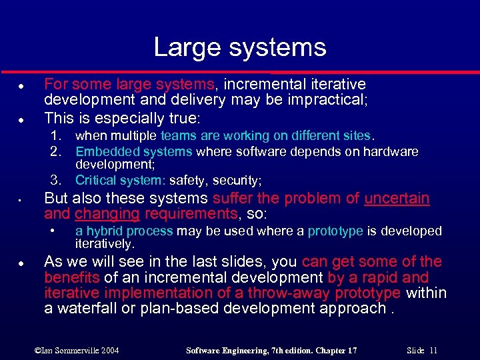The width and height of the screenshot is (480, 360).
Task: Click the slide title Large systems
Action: click(x=240, y=47)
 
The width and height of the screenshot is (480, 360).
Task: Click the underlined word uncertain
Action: click(x=397, y=199)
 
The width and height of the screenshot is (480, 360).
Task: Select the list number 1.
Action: click(x=56, y=136)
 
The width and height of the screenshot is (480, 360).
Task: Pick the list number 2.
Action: click(x=56, y=151)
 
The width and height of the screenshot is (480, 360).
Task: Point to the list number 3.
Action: click(x=56, y=180)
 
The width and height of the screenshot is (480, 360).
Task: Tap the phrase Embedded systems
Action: click(x=133, y=151)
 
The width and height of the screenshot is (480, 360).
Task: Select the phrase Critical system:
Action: click(x=120, y=180)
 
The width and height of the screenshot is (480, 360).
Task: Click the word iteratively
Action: click(x=105, y=244)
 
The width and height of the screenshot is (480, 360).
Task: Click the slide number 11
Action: click(x=433, y=349)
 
